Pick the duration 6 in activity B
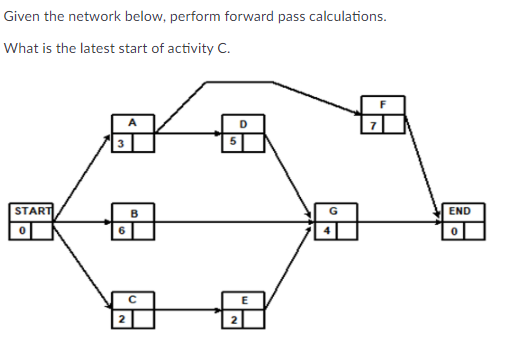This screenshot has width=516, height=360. (x=119, y=229)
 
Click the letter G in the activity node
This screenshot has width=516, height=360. (x=333, y=211)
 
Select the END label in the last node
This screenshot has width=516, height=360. (x=459, y=211)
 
